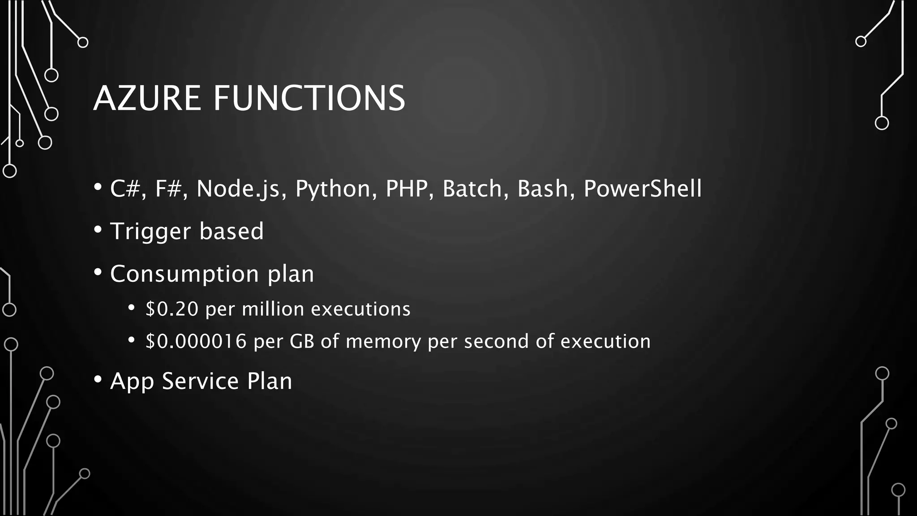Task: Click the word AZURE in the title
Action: click(147, 98)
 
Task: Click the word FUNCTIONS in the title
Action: click(309, 98)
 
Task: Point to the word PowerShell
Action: click(643, 189)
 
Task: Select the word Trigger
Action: click(150, 232)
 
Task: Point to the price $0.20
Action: click(172, 309)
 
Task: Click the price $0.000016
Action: click(196, 341)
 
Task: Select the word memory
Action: click(383, 341)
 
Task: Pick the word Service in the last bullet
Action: click(200, 381)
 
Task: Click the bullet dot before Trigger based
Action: click(98, 230)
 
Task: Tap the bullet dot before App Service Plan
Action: click(98, 379)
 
